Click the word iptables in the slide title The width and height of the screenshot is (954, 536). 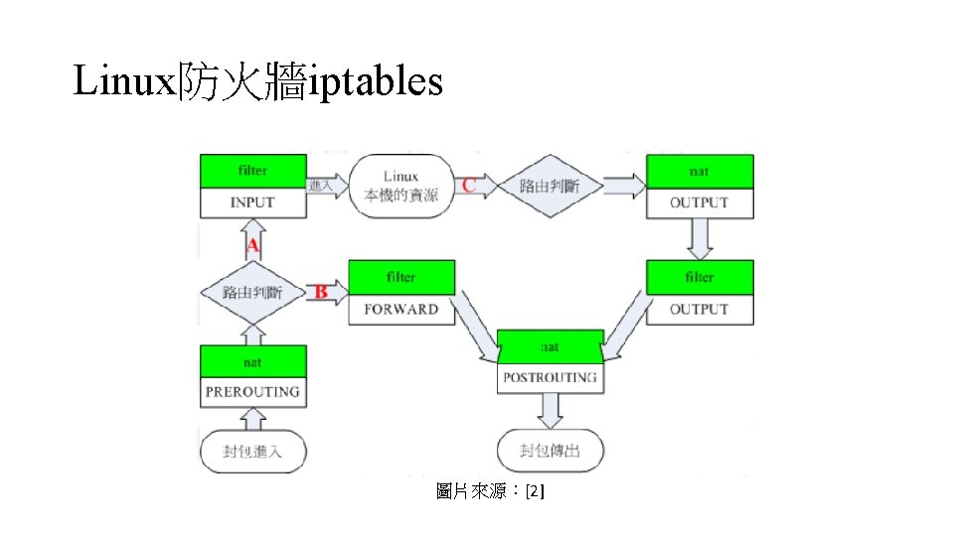pyautogui.click(x=377, y=83)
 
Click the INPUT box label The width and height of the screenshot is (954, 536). pyautogui.click(x=252, y=202)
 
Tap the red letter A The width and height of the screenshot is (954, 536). pyautogui.click(x=252, y=245)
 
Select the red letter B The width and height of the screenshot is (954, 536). pyautogui.click(x=321, y=293)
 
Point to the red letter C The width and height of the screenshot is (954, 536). pyautogui.click(x=468, y=185)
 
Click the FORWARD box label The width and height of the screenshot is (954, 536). pyautogui.click(x=401, y=309)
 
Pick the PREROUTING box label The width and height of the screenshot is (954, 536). pyautogui.click(x=252, y=392)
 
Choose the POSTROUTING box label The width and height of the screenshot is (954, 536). pyautogui.click(x=551, y=377)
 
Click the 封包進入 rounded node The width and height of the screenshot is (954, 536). pyautogui.click(x=253, y=452)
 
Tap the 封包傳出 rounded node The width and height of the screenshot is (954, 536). pyautogui.click(x=551, y=452)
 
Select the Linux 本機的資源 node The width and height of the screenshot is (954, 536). pyautogui.click(x=401, y=186)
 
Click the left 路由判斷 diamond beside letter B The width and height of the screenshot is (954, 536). pyautogui.click(x=252, y=293)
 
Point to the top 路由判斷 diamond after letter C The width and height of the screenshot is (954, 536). pyautogui.click(x=551, y=186)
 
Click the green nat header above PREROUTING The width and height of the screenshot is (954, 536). pyautogui.click(x=252, y=362)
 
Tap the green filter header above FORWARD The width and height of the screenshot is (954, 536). pyautogui.click(x=401, y=277)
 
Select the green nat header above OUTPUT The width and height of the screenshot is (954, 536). pyautogui.click(x=700, y=172)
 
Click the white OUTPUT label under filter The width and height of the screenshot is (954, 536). pyautogui.click(x=700, y=309)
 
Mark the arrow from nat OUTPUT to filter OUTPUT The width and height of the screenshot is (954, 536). pyautogui.click(x=700, y=239)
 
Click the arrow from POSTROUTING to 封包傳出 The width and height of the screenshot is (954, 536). pyautogui.click(x=551, y=409)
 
